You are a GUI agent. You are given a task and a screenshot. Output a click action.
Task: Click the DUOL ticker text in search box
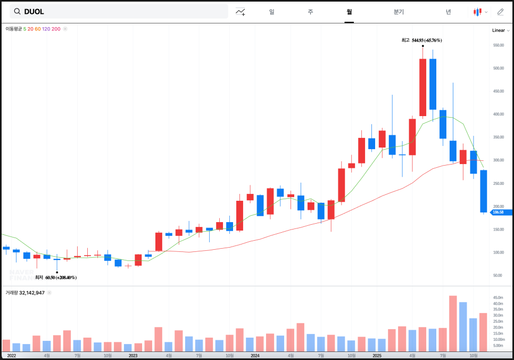coord(34,11)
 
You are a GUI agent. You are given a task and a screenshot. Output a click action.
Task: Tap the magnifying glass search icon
coord(17,11)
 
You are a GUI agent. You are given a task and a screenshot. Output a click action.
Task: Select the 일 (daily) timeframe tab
coord(272,11)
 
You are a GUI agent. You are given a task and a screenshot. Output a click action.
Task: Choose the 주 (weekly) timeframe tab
coord(310,11)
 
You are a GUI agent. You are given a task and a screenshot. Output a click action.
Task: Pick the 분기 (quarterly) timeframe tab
coord(399,11)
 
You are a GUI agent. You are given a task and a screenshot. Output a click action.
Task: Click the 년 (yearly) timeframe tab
coord(448,11)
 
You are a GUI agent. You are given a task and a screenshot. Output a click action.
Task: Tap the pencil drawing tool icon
coord(500,11)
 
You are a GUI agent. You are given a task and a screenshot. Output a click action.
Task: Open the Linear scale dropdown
coord(500,30)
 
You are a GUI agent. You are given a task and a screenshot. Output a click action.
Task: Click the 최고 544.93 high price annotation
coord(422,40)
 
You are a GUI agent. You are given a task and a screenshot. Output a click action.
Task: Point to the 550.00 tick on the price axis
coord(498,45)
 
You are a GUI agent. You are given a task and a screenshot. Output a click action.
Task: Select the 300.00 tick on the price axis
coord(498,160)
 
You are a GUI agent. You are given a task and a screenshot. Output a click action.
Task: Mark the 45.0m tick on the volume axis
coord(498,298)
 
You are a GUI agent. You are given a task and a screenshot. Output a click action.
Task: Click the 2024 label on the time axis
coord(255,355)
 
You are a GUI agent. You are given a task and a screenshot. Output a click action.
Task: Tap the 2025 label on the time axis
coord(377,355)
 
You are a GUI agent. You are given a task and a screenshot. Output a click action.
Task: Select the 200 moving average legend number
coord(56,29)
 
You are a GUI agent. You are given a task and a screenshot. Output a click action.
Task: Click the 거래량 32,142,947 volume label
coord(25,292)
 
